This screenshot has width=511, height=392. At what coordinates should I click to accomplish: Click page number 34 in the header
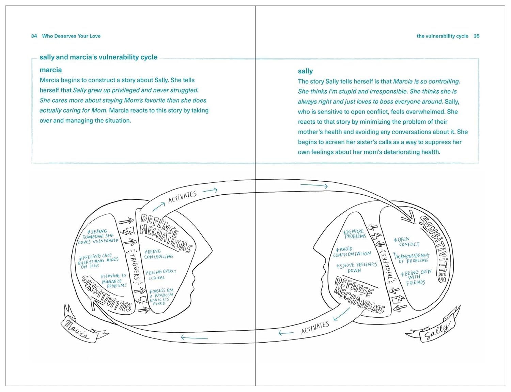pyautogui.click(x=34, y=36)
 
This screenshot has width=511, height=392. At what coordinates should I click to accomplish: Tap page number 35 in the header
pyautogui.click(x=476, y=36)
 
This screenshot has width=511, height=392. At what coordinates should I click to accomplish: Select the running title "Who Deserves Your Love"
pyautogui.click(x=71, y=36)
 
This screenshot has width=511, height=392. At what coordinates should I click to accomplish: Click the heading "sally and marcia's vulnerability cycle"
pyautogui.click(x=98, y=57)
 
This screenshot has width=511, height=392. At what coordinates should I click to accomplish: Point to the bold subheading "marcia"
pyautogui.click(x=51, y=70)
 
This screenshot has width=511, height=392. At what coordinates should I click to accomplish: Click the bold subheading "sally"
pyautogui.click(x=305, y=71)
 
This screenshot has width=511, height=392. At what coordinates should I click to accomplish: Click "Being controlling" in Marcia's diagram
pyautogui.click(x=158, y=254)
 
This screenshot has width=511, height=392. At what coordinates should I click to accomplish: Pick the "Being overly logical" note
pyautogui.click(x=160, y=274)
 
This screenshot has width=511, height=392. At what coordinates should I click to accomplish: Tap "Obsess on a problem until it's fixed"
pyautogui.click(x=161, y=297)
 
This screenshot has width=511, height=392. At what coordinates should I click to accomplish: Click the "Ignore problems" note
pyautogui.click(x=354, y=234)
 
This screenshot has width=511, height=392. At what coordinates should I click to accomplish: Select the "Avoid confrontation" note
pyautogui.click(x=352, y=252)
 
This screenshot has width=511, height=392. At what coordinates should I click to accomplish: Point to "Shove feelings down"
pyautogui.click(x=356, y=267)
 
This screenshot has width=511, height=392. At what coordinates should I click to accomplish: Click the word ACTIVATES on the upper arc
pyautogui.click(x=182, y=197)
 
